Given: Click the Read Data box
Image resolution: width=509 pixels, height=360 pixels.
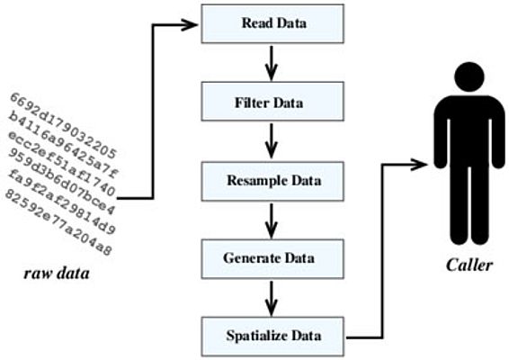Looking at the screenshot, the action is pos(272,23).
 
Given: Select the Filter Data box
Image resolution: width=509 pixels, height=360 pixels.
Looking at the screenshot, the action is pos(272,102).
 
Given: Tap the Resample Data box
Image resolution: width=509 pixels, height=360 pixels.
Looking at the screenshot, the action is pos(272,181).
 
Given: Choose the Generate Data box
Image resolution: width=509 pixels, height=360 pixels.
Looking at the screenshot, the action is pos(272,259).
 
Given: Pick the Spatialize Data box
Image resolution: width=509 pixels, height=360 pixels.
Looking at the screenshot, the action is pos(272,337).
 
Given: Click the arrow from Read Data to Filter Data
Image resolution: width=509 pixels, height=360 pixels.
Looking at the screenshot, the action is pos(271,63).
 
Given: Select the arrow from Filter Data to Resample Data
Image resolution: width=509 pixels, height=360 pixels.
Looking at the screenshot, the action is pos(271,141).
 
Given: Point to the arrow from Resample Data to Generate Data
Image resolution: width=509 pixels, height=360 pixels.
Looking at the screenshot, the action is pos(271,220).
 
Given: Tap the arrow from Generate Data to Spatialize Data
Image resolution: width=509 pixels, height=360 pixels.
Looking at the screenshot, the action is pos(271,299).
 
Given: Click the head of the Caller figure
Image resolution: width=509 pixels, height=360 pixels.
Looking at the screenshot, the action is pos(469,77).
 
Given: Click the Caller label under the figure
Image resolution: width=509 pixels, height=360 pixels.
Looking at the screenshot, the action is pos(469,265).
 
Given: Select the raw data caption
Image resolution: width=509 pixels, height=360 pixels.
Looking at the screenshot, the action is pos(57,274).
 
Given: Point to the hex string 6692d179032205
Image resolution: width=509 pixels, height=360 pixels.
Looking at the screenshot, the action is pos(63,125).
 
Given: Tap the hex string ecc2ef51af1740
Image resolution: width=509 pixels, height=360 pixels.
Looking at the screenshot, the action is pos(61,164).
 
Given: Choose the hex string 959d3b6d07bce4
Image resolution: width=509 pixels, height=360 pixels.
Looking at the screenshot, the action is pos(61,183).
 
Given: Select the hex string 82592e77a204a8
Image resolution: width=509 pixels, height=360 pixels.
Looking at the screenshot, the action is pos(58,222).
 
